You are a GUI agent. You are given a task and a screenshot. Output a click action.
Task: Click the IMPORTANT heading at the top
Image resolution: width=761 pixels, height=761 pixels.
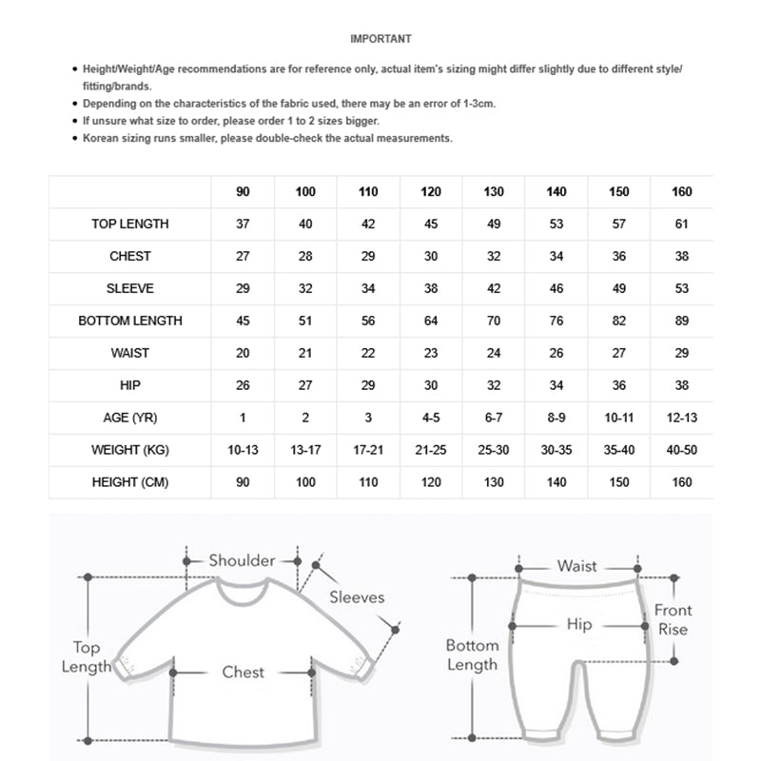point(380,39)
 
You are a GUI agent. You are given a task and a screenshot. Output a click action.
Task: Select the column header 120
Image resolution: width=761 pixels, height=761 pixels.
point(431,192)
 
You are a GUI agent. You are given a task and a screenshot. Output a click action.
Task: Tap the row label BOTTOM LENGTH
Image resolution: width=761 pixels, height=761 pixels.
point(130,321)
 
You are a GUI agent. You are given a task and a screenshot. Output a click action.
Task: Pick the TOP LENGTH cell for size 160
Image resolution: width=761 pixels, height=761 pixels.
point(681,224)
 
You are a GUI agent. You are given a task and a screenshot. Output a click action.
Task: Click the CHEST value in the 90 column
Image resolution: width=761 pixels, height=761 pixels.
point(243,257)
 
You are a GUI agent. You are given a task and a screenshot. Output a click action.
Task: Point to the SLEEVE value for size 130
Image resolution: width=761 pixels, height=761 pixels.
point(494,288)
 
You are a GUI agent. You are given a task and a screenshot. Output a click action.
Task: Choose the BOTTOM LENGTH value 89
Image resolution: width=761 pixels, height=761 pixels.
point(681,321)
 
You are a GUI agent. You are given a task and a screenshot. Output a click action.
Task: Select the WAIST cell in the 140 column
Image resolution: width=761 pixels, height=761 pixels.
point(556,353)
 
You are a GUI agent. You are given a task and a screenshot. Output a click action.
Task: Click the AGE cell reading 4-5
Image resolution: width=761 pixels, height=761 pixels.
point(431,418)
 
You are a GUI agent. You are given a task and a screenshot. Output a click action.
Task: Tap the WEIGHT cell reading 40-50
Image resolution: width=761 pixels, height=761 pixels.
point(681,450)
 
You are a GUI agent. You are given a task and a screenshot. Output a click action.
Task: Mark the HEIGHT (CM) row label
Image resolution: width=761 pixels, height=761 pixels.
point(130,482)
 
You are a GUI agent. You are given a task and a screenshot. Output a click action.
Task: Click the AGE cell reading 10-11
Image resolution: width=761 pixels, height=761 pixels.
point(618,418)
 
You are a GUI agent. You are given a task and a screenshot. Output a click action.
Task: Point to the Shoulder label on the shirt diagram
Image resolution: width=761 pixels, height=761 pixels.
point(242,560)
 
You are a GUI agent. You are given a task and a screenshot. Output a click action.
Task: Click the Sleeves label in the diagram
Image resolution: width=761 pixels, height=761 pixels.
point(357,597)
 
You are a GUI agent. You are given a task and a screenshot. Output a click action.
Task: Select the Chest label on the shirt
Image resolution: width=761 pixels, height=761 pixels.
point(244,672)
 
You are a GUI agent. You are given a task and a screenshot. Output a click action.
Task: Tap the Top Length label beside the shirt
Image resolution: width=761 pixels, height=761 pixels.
point(86,657)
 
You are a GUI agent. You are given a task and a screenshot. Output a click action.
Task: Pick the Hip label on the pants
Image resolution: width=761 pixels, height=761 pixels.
point(578,625)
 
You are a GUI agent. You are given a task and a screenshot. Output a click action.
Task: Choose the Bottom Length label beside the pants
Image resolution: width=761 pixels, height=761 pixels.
point(472,655)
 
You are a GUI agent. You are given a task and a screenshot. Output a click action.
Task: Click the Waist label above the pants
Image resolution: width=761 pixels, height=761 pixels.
point(577,566)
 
